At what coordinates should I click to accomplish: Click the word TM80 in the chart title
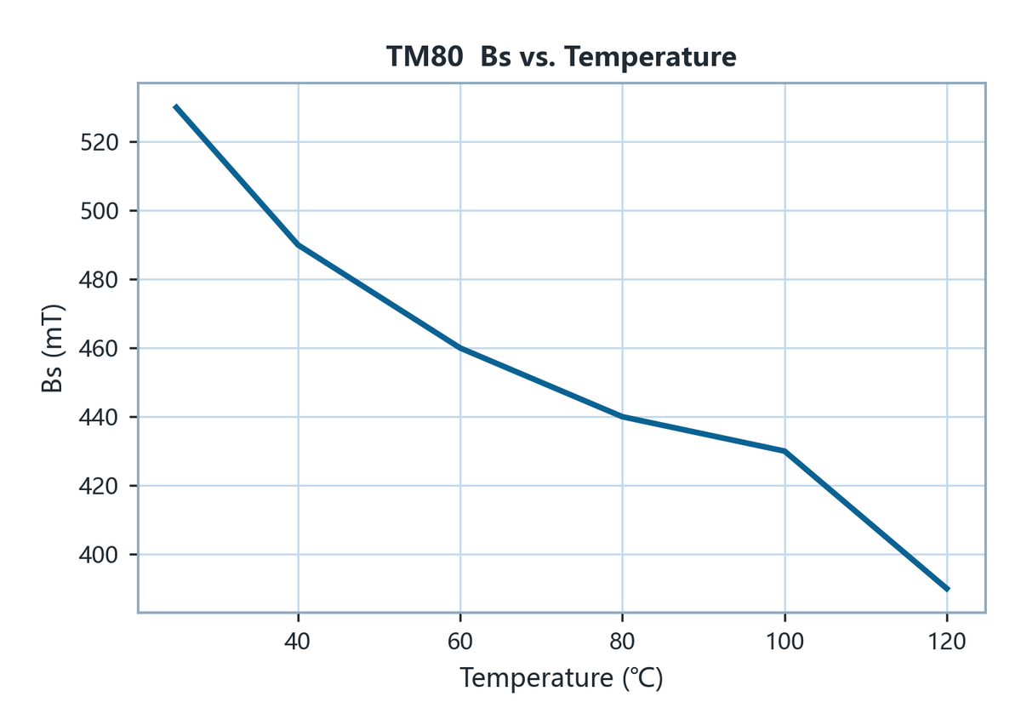[x=425, y=57]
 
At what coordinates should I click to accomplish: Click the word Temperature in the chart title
[x=650, y=57]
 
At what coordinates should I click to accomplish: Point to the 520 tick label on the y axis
[x=100, y=143]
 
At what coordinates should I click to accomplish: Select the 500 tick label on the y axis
[x=100, y=211]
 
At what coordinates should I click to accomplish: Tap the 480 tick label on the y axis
[x=99, y=280]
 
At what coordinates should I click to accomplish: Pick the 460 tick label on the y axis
[x=99, y=349]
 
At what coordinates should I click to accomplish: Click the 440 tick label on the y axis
[x=99, y=418]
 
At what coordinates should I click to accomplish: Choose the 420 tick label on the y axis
[x=99, y=486]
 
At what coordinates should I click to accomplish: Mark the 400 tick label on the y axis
[x=99, y=555]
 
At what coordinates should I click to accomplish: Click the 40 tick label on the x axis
[x=298, y=642]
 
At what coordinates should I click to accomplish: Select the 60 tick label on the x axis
[x=460, y=642]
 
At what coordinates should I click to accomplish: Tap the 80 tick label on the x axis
[x=622, y=642]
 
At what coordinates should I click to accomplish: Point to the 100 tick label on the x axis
[x=784, y=642]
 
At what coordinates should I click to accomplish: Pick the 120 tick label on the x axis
[x=947, y=642]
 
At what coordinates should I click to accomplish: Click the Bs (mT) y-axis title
[x=52, y=348]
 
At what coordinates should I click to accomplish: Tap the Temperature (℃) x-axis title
[x=561, y=678]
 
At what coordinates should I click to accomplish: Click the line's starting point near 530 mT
[x=175, y=106]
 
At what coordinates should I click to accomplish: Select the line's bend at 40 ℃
[x=298, y=245]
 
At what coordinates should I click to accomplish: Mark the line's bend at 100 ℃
[x=784, y=451]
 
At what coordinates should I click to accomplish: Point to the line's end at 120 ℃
[x=948, y=589]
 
